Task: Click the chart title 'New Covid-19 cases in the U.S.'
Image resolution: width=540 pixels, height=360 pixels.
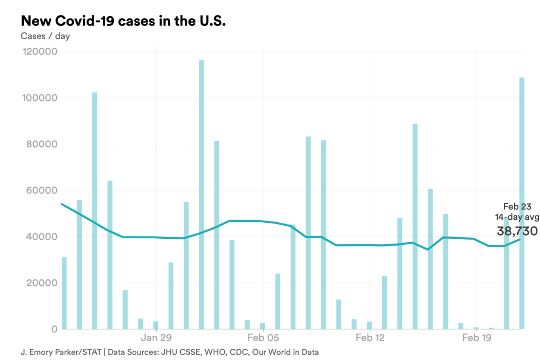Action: (123, 21)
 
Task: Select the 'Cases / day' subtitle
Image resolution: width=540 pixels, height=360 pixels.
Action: (45, 36)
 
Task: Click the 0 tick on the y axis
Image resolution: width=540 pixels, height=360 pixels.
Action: (54, 329)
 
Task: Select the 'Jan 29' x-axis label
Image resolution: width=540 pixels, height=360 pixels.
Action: (156, 338)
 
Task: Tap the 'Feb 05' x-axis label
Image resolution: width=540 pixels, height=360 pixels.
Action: (263, 338)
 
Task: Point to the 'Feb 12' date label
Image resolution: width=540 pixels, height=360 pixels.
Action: (370, 338)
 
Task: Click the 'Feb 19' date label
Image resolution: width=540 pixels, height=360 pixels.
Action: (477, 338)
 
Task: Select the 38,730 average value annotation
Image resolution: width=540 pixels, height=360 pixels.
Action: (517, 231)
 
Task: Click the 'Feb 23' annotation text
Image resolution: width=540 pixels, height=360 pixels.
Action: (517, 207)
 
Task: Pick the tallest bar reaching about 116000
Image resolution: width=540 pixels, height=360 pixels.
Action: (201, 194)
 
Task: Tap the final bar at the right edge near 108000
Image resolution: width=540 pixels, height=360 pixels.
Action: (522, 203)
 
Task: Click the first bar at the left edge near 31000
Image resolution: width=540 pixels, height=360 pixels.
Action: (64, 294)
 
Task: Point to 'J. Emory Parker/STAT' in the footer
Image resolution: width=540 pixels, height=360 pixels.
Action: (60, 352)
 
